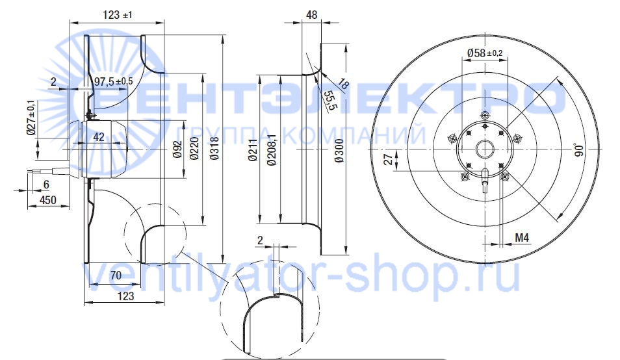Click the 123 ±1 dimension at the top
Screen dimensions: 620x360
(118, 15)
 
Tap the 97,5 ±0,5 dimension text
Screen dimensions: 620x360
(114, 81)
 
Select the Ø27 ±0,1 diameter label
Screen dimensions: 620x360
(32, 118)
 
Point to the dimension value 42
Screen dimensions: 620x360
(98, 136)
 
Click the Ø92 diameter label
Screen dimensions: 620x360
(178, 149)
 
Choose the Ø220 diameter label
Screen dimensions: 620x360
(194, 149)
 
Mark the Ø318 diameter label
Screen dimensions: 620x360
(214, 149)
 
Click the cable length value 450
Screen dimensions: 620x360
(48, 200)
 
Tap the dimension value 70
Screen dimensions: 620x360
(116, 275)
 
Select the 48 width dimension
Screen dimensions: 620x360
(311, 15)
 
